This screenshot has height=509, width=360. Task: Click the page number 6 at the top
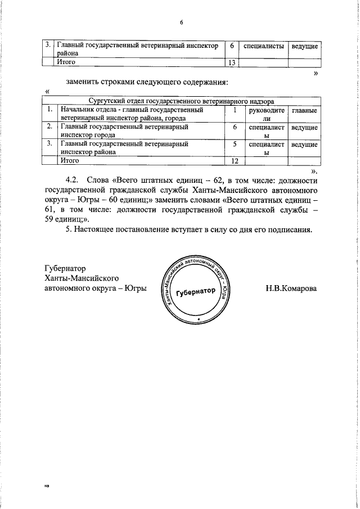(182, 22)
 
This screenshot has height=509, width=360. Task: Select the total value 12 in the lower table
(236, 161)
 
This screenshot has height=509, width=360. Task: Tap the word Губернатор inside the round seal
(195, 293)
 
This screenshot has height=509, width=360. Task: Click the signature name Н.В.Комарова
(291, 289)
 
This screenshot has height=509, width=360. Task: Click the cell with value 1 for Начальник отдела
(235, 111)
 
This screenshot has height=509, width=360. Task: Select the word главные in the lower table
(304, 111)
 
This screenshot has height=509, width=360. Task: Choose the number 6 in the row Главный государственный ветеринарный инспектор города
(235, 128)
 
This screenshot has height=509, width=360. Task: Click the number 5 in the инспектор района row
(235, 145)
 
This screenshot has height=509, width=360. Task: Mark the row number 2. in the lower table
(50, 128)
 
